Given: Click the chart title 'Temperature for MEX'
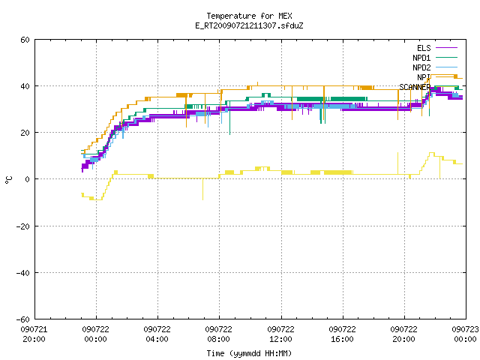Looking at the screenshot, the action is [249, 16].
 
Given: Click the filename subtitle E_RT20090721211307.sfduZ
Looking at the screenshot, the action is [249, 25].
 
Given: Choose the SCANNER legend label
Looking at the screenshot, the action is [415, 87].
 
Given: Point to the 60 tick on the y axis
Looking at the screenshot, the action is [25, 40].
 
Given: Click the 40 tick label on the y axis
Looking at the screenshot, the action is [25, 86].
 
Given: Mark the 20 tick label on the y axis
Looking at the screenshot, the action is [25, 133].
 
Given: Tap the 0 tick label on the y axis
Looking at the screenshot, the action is [27, 179].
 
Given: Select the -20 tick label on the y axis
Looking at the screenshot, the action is [23, 226].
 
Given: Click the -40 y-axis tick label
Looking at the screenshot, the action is [23, 273].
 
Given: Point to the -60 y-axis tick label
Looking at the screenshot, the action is [23, 319].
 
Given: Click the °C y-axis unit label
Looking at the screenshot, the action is [8, 180].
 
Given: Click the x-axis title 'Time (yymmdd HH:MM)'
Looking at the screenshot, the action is [249, 353].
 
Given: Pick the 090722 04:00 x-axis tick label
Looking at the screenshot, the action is [157, 334].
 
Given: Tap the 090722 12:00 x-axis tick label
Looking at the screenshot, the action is [280, 334].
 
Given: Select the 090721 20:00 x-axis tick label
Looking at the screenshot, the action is [34, 334].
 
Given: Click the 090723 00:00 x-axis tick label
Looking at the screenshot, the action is [465, 334].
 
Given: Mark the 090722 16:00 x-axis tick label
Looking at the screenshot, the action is [342, 334].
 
